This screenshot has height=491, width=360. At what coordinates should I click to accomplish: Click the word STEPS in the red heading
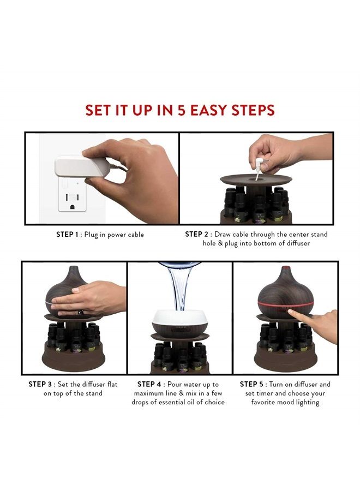click(253, 110)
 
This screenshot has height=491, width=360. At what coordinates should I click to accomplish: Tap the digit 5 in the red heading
click(182, 110)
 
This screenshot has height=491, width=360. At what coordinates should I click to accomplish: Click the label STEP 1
click(67, 235)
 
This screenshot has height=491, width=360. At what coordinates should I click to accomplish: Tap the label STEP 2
click(196, 234)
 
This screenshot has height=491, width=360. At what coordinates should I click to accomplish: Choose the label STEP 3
click(40, 384)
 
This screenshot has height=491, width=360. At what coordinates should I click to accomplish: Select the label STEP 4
click(149, 384)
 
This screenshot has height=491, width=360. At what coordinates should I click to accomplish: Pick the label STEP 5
click(251, 384)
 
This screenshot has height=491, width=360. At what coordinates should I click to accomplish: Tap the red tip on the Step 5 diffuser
click(285, 268)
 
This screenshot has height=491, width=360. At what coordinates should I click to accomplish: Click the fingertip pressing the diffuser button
click(291, 312)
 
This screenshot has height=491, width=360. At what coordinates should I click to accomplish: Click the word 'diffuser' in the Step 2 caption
click(298, 243)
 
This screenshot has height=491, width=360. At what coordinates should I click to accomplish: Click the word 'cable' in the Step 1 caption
click(135, 235)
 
